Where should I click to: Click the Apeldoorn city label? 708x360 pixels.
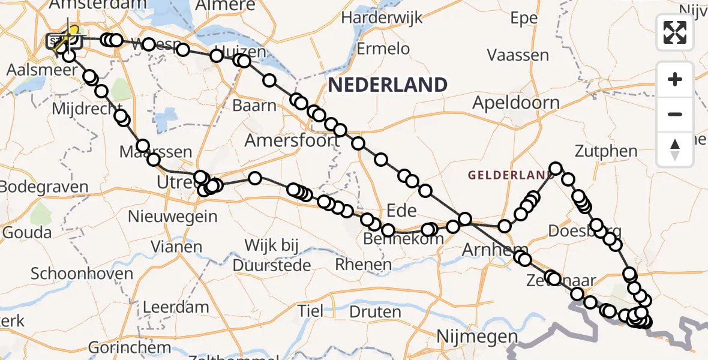click(x=515, y=103)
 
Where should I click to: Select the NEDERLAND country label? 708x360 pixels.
click(x=388, y=85)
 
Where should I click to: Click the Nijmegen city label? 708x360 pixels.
click(x=470, y=335)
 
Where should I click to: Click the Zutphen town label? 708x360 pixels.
click(x=606, y=151)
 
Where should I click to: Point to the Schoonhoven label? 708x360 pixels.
click(x=82, y=274)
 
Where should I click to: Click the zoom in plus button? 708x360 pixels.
click(x=675, y=79)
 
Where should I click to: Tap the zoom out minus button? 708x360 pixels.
click(x=675, y=114)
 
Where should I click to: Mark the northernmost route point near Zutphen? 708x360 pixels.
click(x=556, y=169)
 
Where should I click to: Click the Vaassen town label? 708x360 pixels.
click(x=518, y=56)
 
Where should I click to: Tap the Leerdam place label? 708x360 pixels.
click(x=176, y=307)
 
